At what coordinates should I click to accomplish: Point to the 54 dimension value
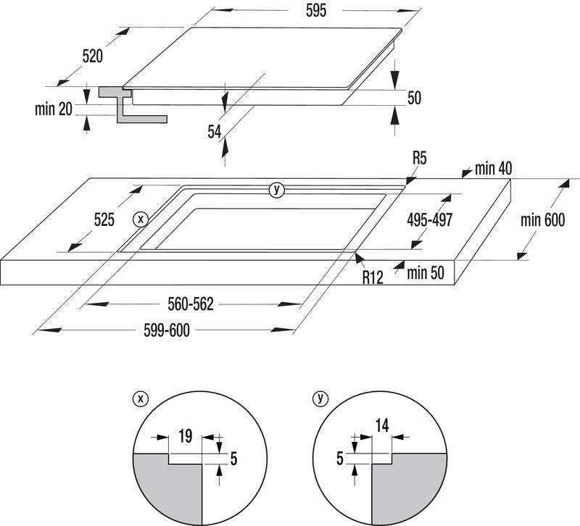(215, 131)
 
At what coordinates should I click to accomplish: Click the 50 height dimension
(414, 98)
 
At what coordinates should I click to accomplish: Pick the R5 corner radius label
(419, 156)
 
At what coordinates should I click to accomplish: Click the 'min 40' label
(493, 169)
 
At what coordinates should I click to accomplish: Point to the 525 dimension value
(103, 220)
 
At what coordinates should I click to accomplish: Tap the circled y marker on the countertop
(276, 191)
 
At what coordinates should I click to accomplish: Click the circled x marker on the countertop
(141, 219)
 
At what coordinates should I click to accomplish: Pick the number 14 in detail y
(382, 426)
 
